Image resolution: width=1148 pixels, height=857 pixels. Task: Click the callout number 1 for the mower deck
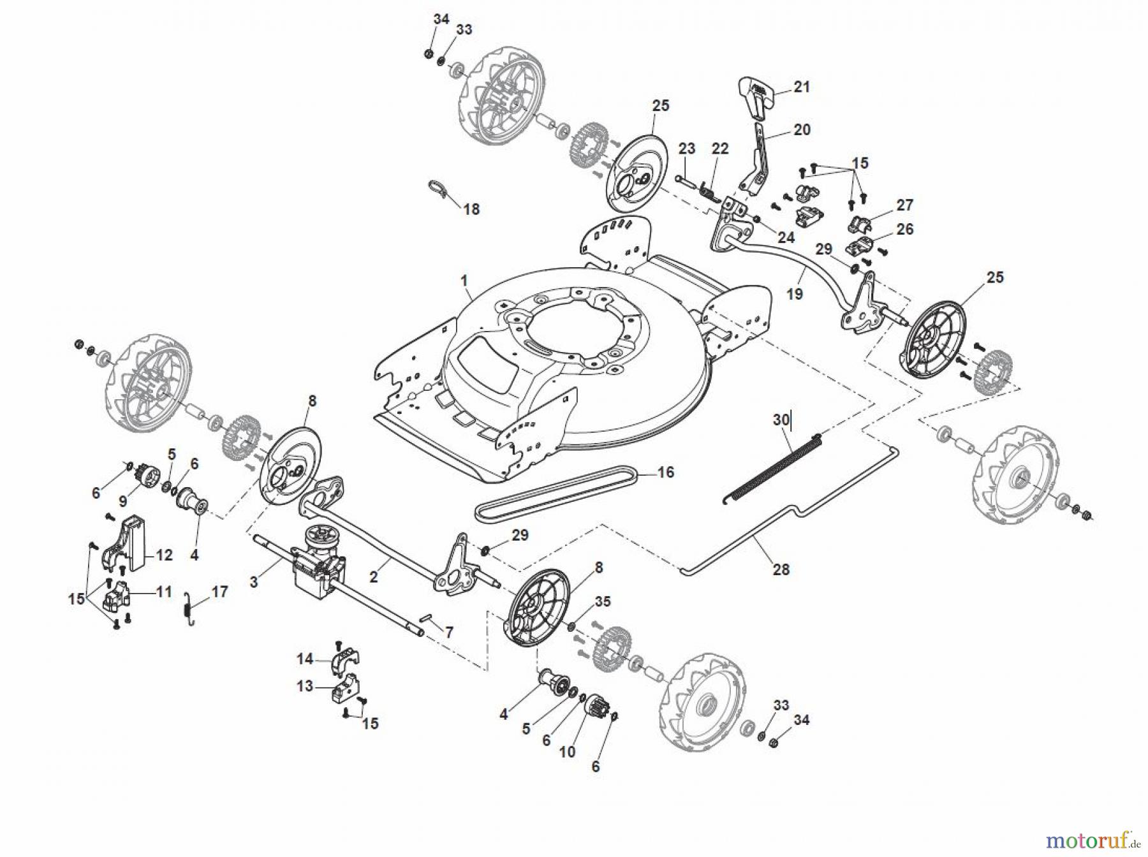click(x=464, y=281)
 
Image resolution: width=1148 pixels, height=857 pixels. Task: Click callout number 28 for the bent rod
click(x=781, y=569)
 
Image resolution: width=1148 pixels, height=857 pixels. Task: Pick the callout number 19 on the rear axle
click(x=795, y=294)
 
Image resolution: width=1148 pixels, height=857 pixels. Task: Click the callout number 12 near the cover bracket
click(x=164, y=555)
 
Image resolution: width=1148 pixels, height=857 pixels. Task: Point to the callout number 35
click(x=603, y=601)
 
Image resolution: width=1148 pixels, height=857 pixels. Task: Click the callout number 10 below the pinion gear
click(x=567, y=751)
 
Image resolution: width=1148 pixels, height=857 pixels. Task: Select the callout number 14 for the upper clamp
click(x=305, y=657)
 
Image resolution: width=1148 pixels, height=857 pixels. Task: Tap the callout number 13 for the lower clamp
click(x=305, y=686)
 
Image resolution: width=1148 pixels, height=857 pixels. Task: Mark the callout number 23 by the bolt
click(x=686, y=149)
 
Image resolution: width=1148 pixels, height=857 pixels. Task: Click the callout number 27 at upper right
click(x=904, y=205)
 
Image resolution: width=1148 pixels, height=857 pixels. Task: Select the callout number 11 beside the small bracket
click(x=164, y=592)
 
